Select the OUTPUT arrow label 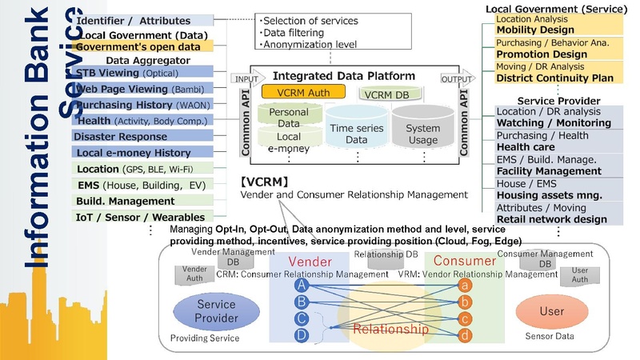(458, 79)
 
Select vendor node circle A (301, 285)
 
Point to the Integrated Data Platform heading (344, 75)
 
